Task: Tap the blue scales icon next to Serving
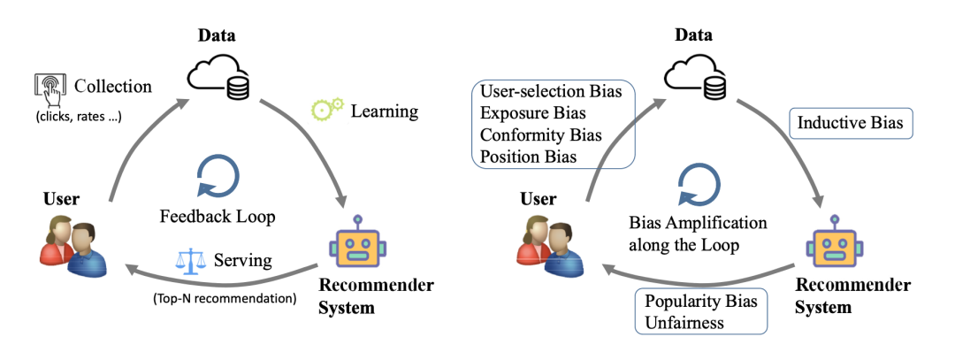[191, 261]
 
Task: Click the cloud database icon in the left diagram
[218, 74]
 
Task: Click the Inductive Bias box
[851, 123]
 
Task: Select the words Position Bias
[528, 157]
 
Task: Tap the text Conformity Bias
[541, 134]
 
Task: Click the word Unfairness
[684, 322]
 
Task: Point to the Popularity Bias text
[701, 301]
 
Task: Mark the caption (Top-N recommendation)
[225, 298]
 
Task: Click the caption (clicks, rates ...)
[78, 117]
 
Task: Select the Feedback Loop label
[218, 216]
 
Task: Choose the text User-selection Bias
[551, 91]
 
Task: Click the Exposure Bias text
[533, 113]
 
